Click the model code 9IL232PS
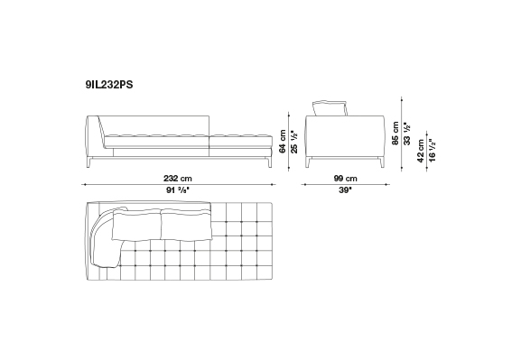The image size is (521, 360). pyautogui.click(x=109, y=85)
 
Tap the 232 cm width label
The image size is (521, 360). pyautogui.click(x=178, y=179)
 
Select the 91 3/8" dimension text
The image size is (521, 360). pyautogui.click(x=178, y=190)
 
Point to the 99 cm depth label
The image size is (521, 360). pyautogui.click(x=345, y=179)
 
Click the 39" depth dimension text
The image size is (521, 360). pyautogui.click(x=345, y=190)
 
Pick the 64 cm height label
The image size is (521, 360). pyautogui.click(x=283, y=141)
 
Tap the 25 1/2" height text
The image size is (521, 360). pyautogui.click(x=294, y=142)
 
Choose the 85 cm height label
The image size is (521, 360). pyautogui.click(x=395, y=134)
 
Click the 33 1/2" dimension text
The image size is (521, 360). pyautogui.click(x=407, y=134)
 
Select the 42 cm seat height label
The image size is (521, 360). pyautogui.click(x=421, y=151)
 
